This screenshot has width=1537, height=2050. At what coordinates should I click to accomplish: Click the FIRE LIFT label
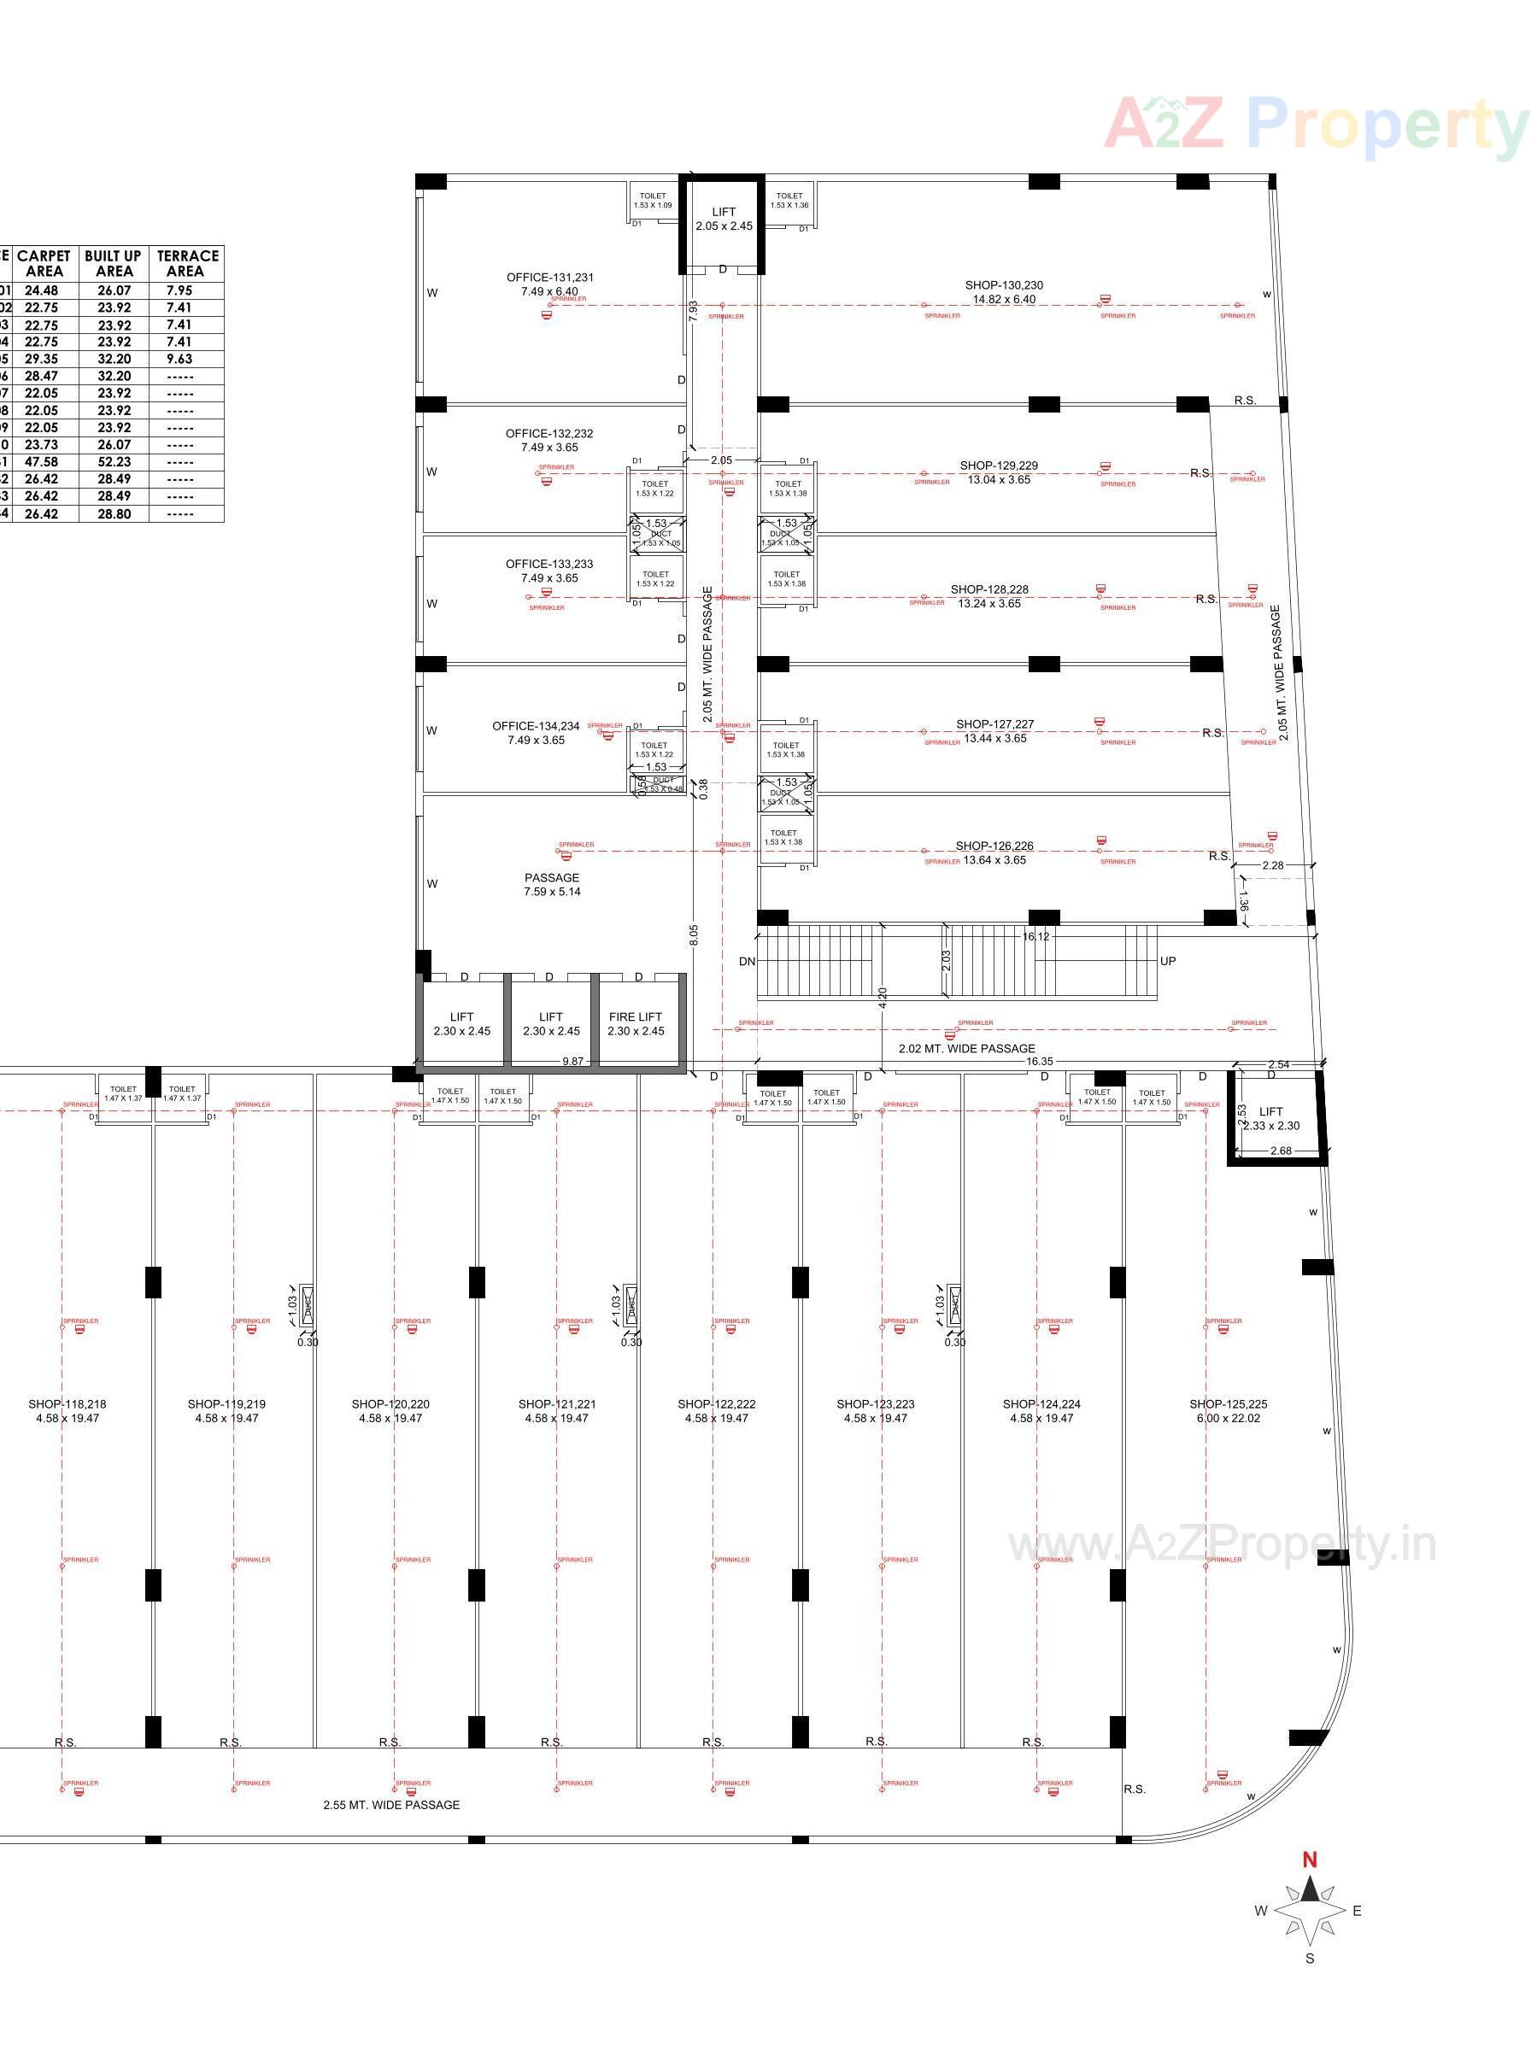pos(635,1016)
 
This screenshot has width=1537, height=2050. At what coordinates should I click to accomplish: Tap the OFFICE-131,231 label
pos(549,278)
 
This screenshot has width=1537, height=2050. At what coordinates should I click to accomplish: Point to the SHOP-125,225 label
pos(1229,1404)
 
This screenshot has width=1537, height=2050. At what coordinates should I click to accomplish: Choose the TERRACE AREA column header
pos(186,263)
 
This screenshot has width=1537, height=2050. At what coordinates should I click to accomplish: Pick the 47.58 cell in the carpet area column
pos(42,461)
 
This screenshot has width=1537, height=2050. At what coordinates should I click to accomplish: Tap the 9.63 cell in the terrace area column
pos(179,359)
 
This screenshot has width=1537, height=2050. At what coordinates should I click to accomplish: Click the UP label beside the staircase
pos(1168,961)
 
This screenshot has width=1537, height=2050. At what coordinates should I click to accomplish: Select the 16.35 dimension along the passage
pos(1039,1061)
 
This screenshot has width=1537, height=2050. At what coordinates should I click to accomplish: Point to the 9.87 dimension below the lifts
pos(573,1061)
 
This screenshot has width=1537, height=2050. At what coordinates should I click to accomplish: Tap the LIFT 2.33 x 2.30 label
pos(1271,1119)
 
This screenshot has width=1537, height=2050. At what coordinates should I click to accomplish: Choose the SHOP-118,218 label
pos(67,1404)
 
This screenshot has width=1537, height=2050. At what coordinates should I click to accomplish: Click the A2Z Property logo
pos(1317,125)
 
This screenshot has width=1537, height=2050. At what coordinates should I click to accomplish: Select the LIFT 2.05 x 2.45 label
pos(724,219)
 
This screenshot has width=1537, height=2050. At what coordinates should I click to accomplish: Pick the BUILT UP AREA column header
pos(113,263)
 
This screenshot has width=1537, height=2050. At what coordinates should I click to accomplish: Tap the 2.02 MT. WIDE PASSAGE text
pos(967,1048)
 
